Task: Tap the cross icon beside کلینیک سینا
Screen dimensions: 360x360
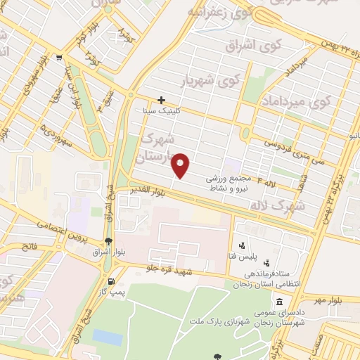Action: (x=162, y=101)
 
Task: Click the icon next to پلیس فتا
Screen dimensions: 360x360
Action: (x=243, y=246)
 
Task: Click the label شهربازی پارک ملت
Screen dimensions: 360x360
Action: (x=214, y=321)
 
